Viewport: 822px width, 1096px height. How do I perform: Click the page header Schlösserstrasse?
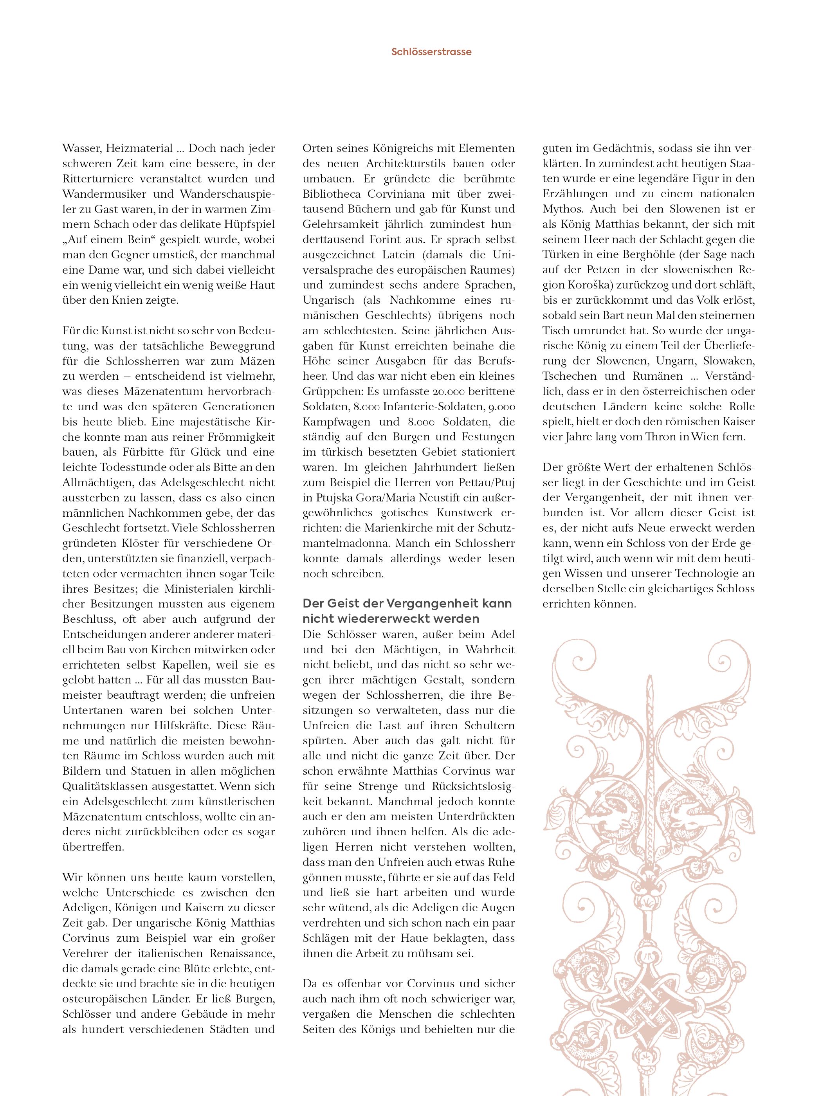[431, 52]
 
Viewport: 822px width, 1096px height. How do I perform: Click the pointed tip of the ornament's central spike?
[649, 682]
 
